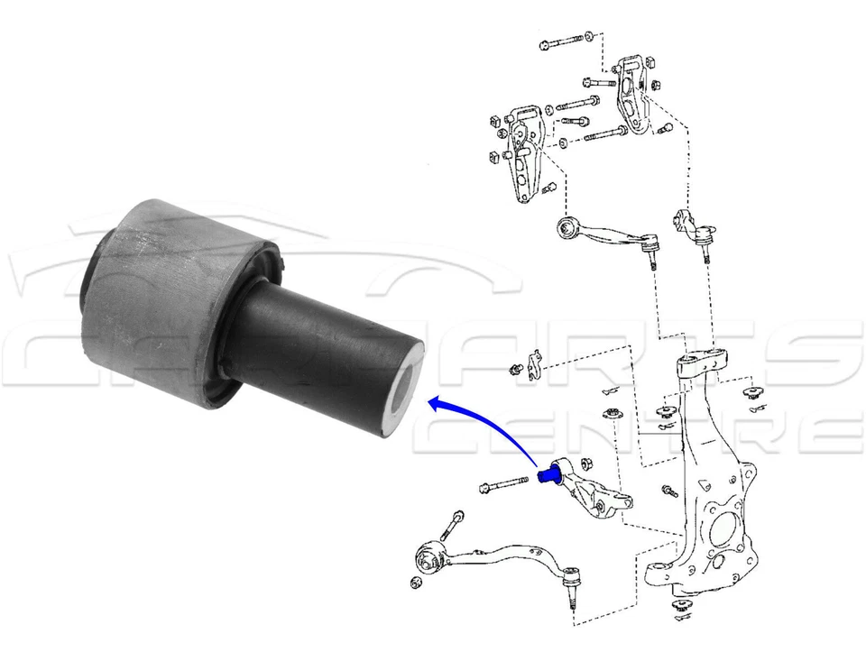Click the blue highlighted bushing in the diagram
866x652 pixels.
pos(548,473)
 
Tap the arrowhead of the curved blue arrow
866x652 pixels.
pos(434,404)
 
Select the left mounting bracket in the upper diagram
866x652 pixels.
pos(522,153)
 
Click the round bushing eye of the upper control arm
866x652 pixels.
pos(568,226)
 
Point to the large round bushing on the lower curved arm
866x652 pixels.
pos(431,556)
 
